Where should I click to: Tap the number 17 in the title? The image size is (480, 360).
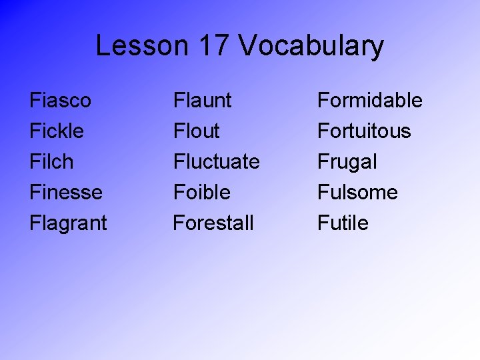213,46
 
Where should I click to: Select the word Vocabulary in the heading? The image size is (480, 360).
311,47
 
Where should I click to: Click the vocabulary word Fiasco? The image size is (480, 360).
61,101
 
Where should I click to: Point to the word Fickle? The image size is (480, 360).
57,131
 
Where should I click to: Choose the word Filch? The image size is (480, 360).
51,162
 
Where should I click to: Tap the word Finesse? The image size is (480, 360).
66,193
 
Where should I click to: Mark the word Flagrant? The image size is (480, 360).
68,223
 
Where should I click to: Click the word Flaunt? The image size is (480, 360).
203,101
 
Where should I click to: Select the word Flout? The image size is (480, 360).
196,131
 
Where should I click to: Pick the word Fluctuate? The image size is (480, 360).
217,162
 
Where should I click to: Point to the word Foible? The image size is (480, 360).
202,193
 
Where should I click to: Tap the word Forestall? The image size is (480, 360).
213,223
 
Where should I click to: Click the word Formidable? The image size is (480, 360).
370,101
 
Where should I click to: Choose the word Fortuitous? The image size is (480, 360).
365,131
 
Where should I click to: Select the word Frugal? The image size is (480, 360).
347,162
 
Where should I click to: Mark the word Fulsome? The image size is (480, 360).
357,193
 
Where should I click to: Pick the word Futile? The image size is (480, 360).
343,223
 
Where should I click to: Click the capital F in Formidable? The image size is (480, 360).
323,101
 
